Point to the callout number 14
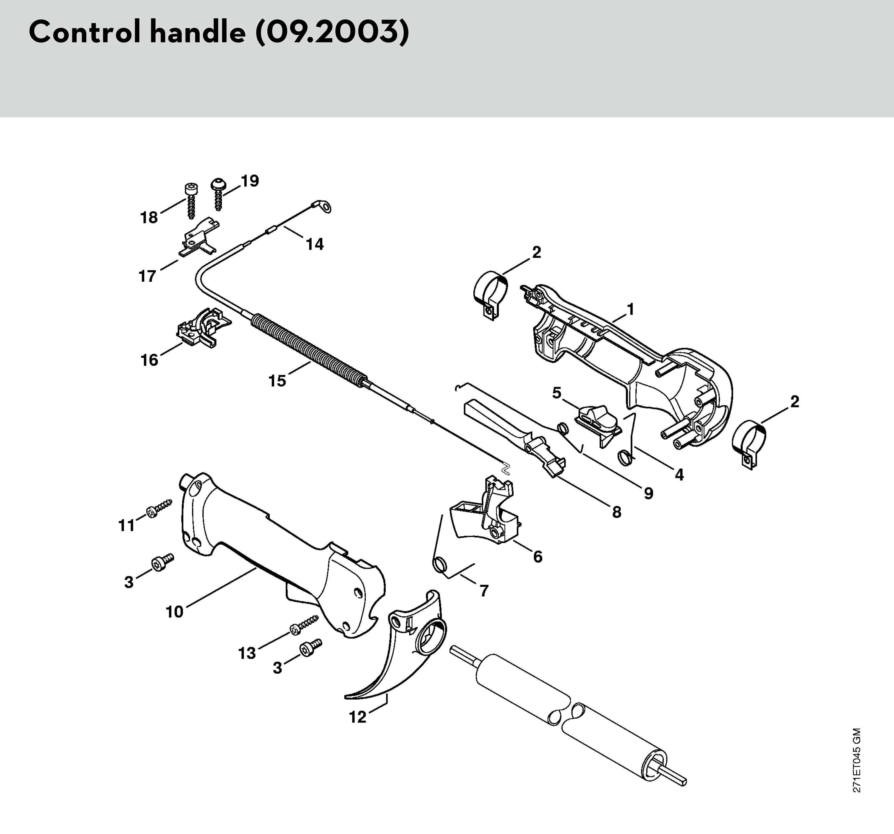click(315, 244)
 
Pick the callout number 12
click(358, 718)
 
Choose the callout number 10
click(175, 611)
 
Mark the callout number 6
click(538, 556)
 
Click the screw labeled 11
click(159, 508)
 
